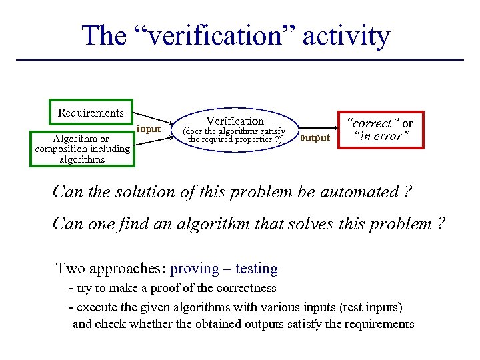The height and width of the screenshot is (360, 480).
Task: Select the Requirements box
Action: pyautogui.click(x=91, y=113)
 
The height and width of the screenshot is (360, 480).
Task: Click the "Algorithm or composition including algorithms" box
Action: pyautogui.click(x=82, y=149)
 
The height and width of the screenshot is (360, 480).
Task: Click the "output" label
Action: pyautogui.click(x=315, y=138)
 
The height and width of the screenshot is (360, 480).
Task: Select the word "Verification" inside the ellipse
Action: pyautogui.click(x=235, y=121)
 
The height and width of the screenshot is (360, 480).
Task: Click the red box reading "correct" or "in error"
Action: pyautogui.click(x=381, y=130)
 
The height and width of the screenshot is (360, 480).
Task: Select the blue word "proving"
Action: pyautogui.click(x=195, y=269)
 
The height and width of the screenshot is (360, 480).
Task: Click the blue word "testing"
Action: pyautogui.click(x=256, y=269)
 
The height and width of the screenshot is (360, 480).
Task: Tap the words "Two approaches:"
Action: pyautogui.click(x=111, y=269)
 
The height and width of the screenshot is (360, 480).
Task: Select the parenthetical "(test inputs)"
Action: pyautogui.click(x=367, y=307)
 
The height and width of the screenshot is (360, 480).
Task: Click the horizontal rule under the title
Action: pyautogui.click(x=239, y=61)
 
